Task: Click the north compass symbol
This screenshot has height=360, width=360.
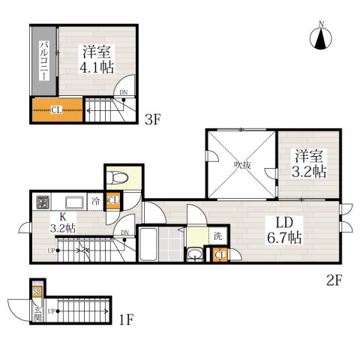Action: (x=321, y=37)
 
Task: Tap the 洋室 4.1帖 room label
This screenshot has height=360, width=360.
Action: (x=97, y=59)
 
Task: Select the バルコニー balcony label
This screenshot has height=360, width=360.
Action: (x=44, y=61)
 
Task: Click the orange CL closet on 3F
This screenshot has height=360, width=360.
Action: (x=57, y=109)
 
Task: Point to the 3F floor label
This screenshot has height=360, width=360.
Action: (x=152, y=119)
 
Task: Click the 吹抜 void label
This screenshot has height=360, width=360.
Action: (x=242, y=165)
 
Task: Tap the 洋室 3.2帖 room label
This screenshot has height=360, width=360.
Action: (x=309, y=163)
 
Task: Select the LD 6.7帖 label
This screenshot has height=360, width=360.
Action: (x=284, y=230)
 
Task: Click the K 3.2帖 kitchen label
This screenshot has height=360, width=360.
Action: (x=63, y=223)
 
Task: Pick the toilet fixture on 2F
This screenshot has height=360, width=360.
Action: (x=117, y=178)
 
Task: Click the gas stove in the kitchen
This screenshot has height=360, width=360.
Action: (x=43, y=202)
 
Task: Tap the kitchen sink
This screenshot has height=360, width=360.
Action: (x=75, y=202)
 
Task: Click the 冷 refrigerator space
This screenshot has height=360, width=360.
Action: (x=95, y=202)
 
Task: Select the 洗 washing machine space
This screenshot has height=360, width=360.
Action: (x=218, y=236)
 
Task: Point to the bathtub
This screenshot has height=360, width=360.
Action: (x=148, y=244)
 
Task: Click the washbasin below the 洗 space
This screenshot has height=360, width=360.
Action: (x=196, y=254)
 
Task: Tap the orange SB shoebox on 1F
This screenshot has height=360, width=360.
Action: (x=37, y=292)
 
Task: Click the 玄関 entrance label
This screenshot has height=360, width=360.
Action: (x=37, y=313)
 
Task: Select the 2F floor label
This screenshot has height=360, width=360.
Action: (x=334, y=280)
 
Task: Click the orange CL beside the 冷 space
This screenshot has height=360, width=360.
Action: (x=113, y=200)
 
